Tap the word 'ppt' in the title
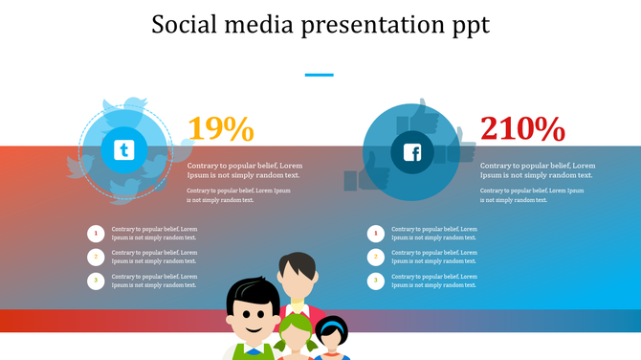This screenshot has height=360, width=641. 467,26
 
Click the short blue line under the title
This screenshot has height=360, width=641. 320,74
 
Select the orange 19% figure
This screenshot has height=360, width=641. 220,129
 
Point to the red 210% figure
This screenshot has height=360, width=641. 522,129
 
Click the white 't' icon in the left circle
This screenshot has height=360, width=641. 123,150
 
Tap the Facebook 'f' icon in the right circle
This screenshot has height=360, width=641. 412,152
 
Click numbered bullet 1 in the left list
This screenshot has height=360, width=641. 96,233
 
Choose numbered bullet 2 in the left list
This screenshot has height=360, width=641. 96,257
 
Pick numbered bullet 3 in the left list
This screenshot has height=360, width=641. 96,281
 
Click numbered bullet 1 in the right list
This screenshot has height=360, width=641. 376,233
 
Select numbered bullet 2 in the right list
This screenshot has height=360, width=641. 376,257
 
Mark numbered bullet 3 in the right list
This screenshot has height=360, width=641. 376,281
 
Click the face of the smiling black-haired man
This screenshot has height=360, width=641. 251,316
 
